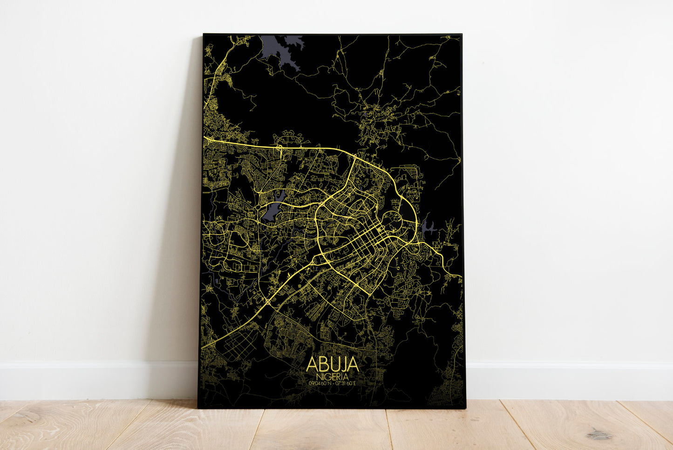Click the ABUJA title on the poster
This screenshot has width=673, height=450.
[333, 364]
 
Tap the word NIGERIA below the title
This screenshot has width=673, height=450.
[333, 376]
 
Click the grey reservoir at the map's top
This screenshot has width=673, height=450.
[279, 49]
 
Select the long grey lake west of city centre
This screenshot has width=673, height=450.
[272, 208]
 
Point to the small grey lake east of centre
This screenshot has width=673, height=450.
[428, 228]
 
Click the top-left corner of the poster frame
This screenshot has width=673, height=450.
[204, 34]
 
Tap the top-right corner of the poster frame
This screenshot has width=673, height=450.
[461, 35]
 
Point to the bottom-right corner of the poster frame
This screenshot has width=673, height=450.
[465, 408]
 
